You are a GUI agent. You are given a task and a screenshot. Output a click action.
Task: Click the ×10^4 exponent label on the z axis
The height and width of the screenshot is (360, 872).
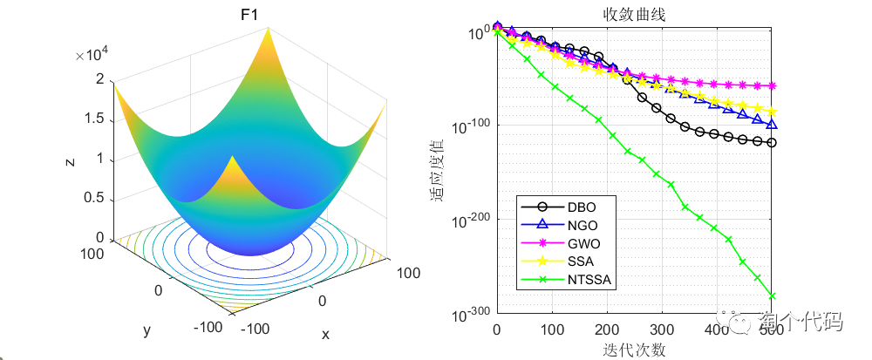(92, 56)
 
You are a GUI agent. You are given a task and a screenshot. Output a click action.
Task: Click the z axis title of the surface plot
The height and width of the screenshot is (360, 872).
(68, 160)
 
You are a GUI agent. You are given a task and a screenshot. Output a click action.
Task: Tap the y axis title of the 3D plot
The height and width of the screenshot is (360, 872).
(146, 329)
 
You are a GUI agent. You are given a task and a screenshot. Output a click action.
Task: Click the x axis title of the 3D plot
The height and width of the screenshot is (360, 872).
(325, 334)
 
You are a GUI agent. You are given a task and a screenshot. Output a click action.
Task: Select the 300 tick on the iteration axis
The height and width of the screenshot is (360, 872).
(662, 330)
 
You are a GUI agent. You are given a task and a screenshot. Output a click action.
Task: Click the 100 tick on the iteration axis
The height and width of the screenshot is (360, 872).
(551, 330)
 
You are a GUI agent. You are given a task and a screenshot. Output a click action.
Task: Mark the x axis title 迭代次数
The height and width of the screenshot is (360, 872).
(633, 350)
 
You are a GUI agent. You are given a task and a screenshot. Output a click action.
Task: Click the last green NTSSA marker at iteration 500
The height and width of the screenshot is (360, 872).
(772, 296)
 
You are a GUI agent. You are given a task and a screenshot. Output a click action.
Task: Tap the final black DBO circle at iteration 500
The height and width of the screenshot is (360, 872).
(772, 143)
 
